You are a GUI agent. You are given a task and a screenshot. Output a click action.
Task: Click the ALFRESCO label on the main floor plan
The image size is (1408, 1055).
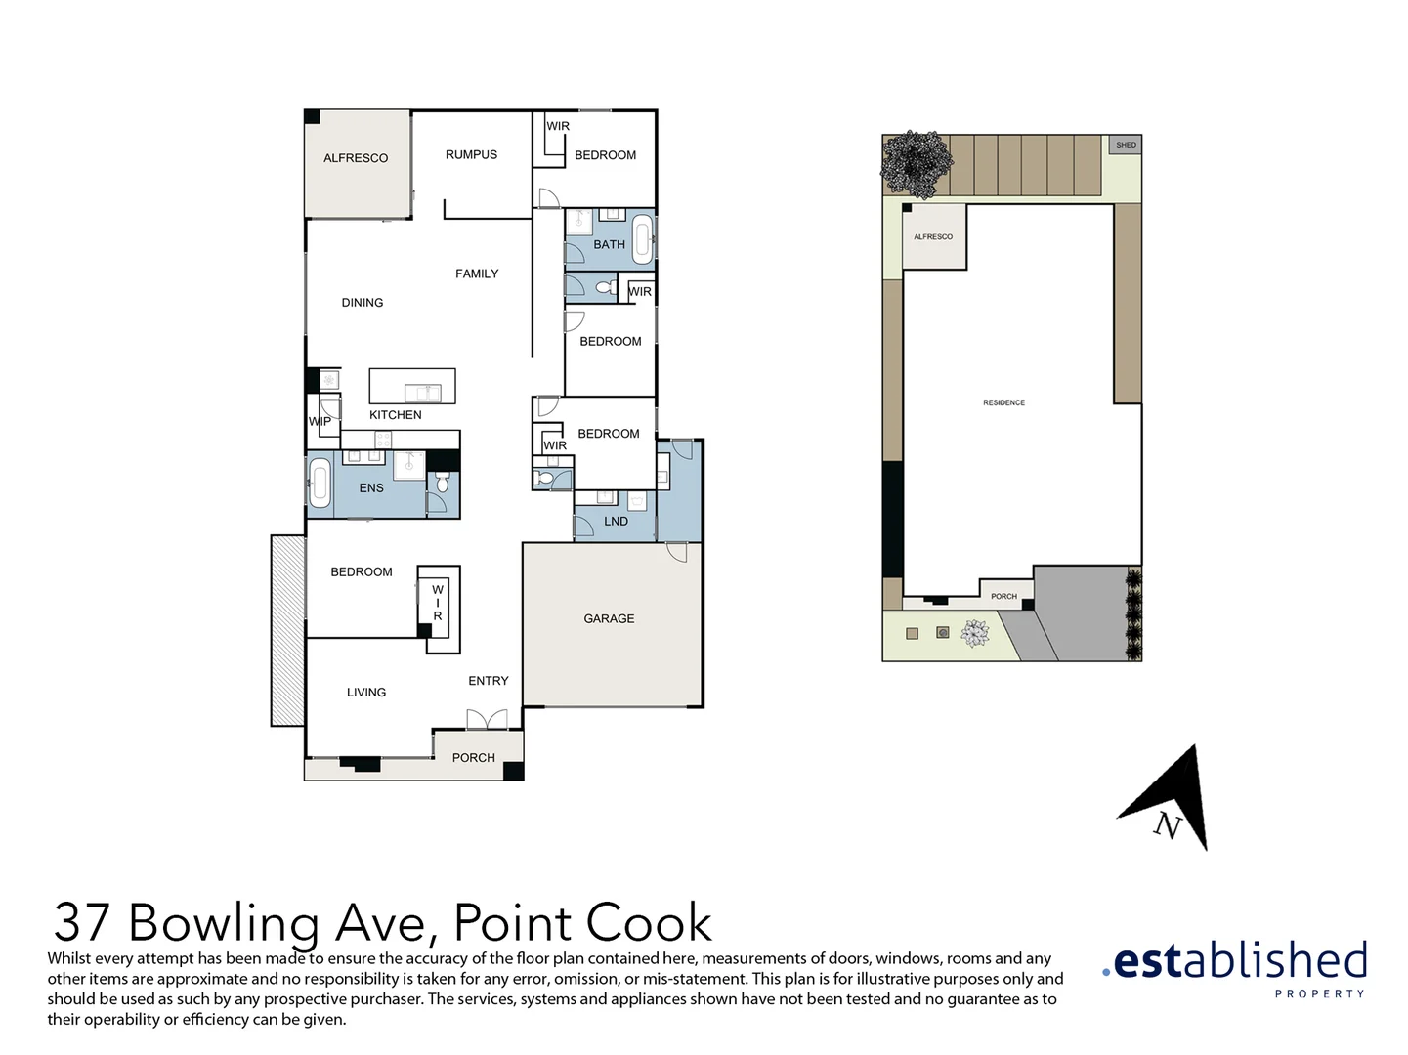[x=356, y=158]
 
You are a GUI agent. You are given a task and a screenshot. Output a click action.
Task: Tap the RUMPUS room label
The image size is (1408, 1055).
[x=471, y=154]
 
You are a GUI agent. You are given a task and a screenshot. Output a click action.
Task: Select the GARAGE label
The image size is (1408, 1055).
[x=609, y=618]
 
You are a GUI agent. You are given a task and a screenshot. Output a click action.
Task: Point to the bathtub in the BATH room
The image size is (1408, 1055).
[x=642, y=239]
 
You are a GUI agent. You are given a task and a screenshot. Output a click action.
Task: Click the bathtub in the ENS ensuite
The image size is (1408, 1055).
[x=320, y=485]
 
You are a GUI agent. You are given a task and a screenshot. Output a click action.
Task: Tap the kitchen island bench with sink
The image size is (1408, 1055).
[x=412, y=387]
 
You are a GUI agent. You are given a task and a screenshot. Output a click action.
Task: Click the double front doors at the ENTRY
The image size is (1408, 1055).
[x=487, y=721]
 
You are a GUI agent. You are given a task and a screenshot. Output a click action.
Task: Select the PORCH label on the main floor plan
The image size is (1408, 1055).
[x=473, y=758]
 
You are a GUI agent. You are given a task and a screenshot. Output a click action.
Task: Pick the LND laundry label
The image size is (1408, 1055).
[x=616, y=521]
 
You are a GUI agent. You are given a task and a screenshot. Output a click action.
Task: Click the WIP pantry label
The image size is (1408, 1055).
[x=320, y=422]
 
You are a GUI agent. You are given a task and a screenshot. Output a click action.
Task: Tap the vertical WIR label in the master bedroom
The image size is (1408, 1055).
[x=438, y=603]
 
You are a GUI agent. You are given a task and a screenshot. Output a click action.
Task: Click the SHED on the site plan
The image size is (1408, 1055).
[x=1127, y=145]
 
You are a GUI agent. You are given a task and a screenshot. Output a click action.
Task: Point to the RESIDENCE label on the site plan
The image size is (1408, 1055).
[x=1003, y=402]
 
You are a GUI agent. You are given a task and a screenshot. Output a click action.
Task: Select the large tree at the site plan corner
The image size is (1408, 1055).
[x=917, y=163]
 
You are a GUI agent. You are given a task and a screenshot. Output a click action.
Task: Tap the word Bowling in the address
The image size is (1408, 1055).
[x=224, y=923]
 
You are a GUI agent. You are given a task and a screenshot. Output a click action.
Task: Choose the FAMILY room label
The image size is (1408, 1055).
[x=477, y=274]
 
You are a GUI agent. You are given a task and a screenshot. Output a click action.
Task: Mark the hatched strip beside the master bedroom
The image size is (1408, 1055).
[x=287, y=630]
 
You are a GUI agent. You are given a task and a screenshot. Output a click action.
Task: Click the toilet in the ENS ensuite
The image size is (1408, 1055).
[x=443, y=484]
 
